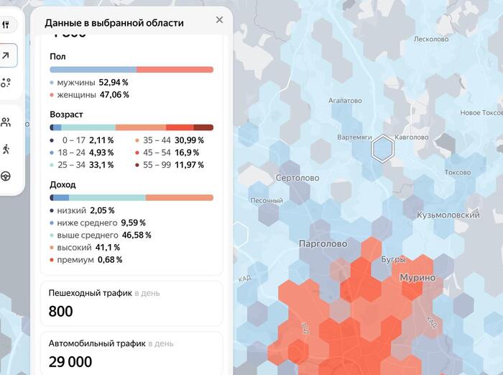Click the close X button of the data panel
pyautogui.click(x=219, y=20)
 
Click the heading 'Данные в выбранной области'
pyautogui.click(x=114, y=23)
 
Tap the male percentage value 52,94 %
pyautogui.click(x=114, y=83)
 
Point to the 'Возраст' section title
pyautogui.click(x=66, y=114)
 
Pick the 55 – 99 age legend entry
pyautogui.click(x=158, y=165)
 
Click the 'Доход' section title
pyautogui.click(x=63, y=184)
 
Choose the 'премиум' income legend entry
pyautogui.click(x=75, y=259)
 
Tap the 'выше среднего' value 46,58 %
pyautogui.click(x=137, y=235)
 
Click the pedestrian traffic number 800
pyautogui.click(x=61, y=311)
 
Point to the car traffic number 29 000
pyautogui.click(x=70, y=361)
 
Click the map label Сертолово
pyautogui.click(x=297, y=178)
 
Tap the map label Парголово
pyautogui.click(x=323, y=244)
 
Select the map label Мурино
pyautogui.click(x=417, y=278)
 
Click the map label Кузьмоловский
pyautogui.click(x=448, y=215)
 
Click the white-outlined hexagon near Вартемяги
pyautogui.click(x=382, y=149)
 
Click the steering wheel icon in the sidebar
pyautogui.click(x=6, y=176)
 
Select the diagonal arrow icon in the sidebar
pyautogui.click(x=6, y=55)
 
